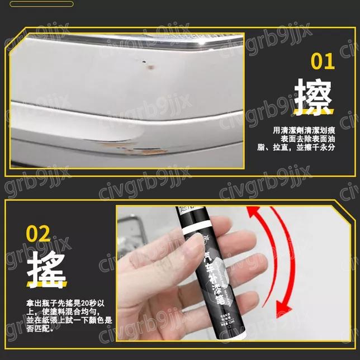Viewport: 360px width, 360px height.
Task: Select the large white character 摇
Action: tap(46, 270)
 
